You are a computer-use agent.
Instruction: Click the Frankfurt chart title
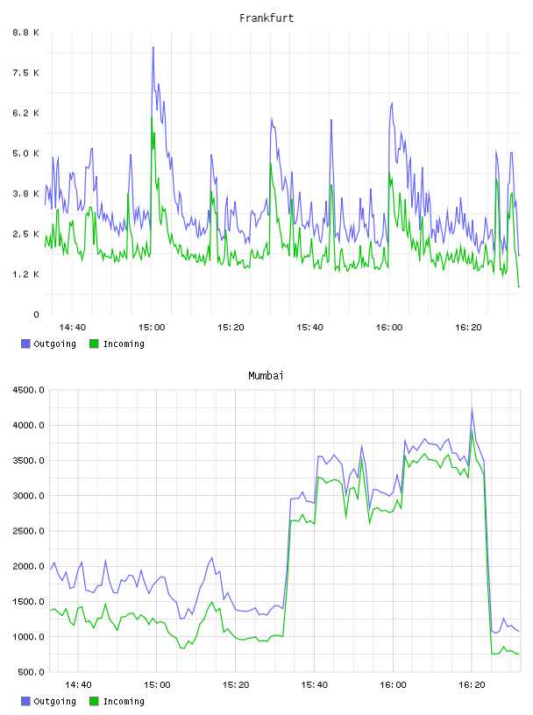(x=266, y=18)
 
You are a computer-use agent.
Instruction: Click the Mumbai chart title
(x=266, y=376)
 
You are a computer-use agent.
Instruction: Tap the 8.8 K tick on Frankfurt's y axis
(x=25, y=32)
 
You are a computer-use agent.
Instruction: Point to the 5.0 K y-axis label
(x=25, y=153)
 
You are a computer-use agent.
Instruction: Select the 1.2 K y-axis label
(x=25, y=274)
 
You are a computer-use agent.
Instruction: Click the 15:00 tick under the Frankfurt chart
(x=152, y=328)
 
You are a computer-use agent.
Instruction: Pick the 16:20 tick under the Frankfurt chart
(x=468, y=328)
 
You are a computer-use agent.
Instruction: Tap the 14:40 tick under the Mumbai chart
(x=78, y=685)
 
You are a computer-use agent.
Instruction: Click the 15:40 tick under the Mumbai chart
(x=315, y=685)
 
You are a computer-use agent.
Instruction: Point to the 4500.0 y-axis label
(x=29, y=390)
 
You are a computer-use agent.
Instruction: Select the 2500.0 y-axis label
(x=29, y=531)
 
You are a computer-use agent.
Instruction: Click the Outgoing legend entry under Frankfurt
(x=49, y=343)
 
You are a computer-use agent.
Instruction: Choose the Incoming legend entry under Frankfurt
(x=117, y=343)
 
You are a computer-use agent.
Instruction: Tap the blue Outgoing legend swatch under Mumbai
(x=25, y=701)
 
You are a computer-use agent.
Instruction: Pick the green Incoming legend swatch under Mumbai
(x=94, y=701)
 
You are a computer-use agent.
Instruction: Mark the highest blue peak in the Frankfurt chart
(x=153, y=47)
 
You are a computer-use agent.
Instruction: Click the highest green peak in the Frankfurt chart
(x=152, y=117)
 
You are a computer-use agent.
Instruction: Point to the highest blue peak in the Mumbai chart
(x=472, y=408)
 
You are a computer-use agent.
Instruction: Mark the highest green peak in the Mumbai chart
(x=472, y=429)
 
